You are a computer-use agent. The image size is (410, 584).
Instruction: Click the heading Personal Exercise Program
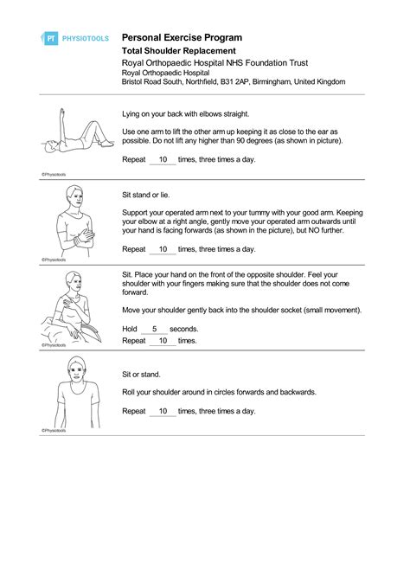pyautogui.click(x=182, y=38)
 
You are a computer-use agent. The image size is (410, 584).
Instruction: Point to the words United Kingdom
pyautogui.click(x=320, y=81)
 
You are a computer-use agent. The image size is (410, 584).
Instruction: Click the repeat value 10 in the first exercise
pyautogui.click(x=162, y=160)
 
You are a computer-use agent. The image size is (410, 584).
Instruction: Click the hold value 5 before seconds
pyautogui.click(x=154, y=329)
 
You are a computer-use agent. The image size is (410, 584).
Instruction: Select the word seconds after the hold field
pyautogui.click(x=183, y=329)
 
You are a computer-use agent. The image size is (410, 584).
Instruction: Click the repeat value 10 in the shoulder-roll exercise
pyautogui.click(x=162, y=411)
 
